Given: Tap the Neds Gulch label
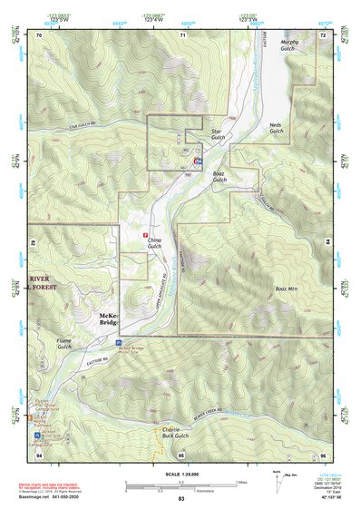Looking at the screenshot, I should (x=277, y=128).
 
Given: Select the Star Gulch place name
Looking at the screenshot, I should (x=216, y=136).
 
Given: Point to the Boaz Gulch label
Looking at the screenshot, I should (x=219, y=176).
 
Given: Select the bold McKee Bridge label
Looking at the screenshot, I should (x=107, y=318).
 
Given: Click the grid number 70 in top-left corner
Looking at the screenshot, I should (x=39, y=34).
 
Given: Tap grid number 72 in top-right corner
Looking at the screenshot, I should (x=324, y=34).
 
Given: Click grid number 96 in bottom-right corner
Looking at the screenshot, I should (x=324, y=454).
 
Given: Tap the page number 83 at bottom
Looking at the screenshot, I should (x=180, y=500).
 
